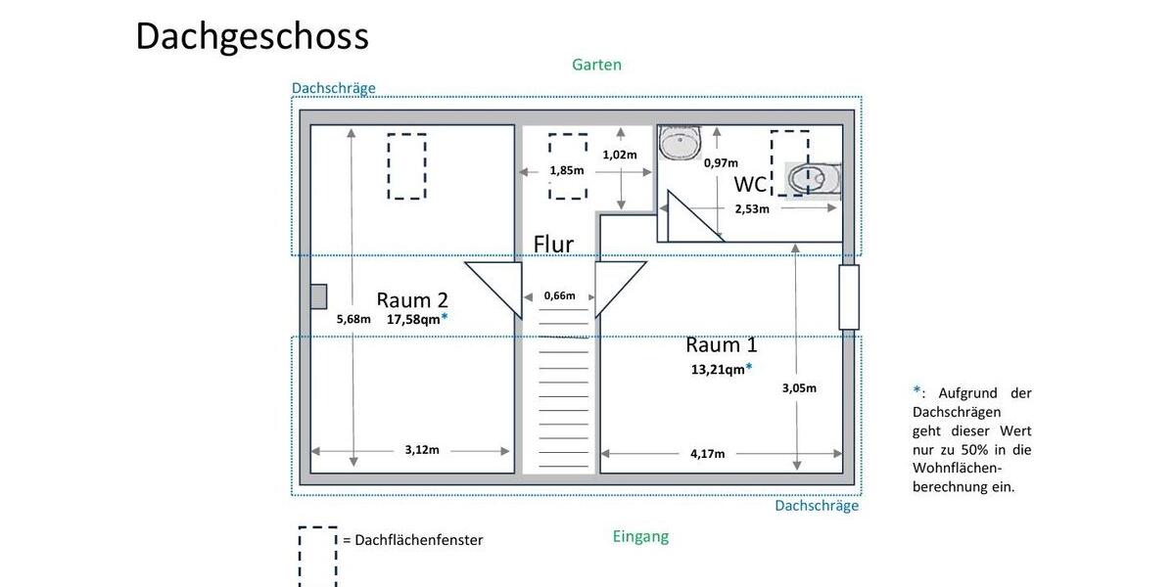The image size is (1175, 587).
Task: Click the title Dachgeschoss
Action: pos(252,36)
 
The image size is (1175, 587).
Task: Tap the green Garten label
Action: pos(596,65)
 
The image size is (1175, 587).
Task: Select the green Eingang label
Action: pos(640,536)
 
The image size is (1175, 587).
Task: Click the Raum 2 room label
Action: pos(412,299)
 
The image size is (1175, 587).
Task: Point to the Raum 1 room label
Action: pos(721,344)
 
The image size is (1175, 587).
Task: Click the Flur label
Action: pos(553,244)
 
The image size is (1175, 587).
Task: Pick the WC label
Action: pos(750,184)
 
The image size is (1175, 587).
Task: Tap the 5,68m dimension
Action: pos(353,319)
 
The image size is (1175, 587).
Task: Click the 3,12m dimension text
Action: pos(422,450)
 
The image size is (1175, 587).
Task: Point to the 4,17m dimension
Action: pos(707,453)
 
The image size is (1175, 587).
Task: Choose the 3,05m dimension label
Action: pos(798,387)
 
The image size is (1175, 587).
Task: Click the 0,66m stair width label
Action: pos(559,295)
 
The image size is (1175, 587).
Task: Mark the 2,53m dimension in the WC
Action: pos(752,208)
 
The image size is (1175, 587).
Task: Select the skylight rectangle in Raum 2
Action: pos(406,166)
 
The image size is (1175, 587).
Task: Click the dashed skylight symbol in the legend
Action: pos(317,556)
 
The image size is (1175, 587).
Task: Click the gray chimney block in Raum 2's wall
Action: pos(318,295)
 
